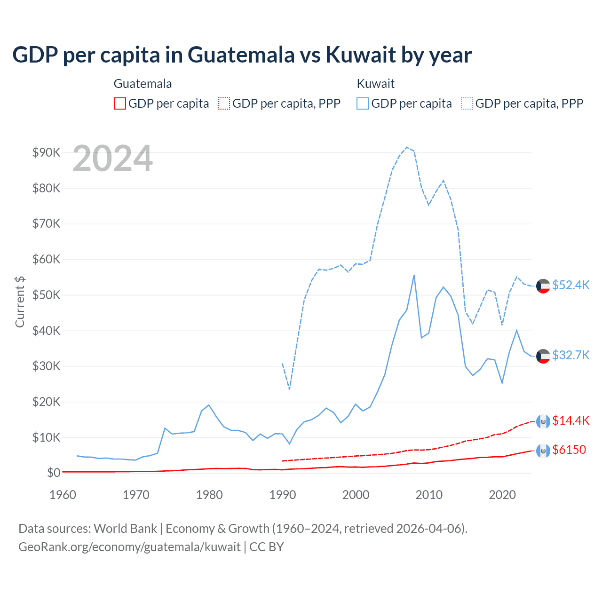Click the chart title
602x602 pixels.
(242, 55)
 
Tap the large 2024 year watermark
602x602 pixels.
(113, 158)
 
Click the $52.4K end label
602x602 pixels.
(570, 285)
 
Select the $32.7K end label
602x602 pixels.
(570, 355)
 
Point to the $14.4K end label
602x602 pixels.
(570, 420)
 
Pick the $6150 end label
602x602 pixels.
(569, 450)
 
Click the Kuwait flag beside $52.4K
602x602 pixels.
(543, 285)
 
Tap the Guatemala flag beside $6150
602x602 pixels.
(543, 451)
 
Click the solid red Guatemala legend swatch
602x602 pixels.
(120, 103)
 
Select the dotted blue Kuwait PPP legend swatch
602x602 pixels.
(467, 103)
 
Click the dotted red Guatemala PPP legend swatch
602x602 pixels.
(224, 103)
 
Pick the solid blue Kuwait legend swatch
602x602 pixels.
(363, 103)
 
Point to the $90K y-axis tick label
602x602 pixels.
(46, 152)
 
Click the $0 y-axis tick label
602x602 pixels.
(53, 472)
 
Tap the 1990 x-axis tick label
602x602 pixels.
(283, 495)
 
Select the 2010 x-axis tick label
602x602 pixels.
(429, 495)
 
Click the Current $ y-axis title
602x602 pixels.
(20, 301)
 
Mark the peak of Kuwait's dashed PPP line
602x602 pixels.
(407, 147)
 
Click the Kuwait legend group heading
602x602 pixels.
(375, 84)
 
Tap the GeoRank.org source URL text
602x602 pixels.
(129, 547)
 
